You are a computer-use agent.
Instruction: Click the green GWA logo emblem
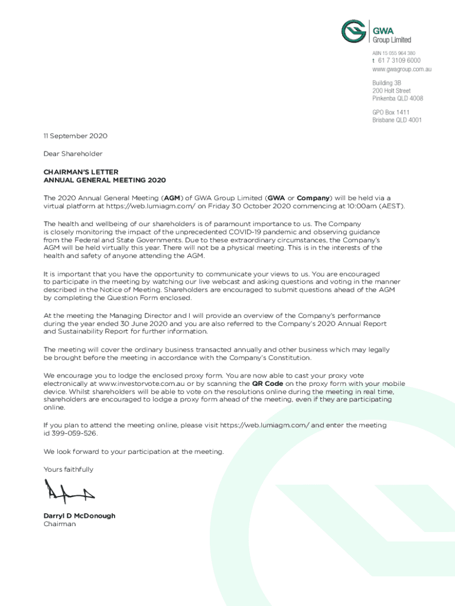354,33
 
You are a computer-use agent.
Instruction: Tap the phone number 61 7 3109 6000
399,61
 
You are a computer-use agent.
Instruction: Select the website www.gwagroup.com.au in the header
401,69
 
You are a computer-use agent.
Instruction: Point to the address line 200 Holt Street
391,91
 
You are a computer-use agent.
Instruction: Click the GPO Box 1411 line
391,112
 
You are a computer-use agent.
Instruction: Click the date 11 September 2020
75,136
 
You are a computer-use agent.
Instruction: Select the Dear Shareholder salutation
73,154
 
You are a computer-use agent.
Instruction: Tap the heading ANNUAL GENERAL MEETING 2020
105,180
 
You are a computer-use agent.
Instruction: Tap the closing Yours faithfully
68,469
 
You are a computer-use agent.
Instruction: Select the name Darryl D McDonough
79,516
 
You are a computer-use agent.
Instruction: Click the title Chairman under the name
60,524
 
